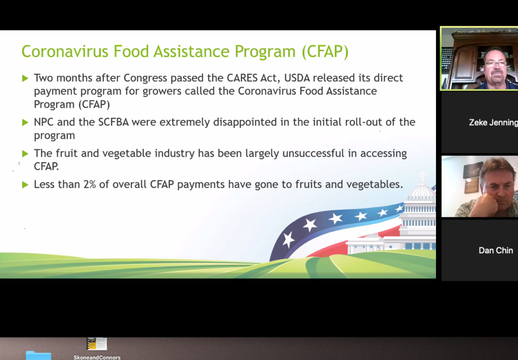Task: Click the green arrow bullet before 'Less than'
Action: click(x=25, y=185)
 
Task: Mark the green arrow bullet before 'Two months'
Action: click(x=25, y=78)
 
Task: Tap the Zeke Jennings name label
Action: click(x=493, y=122)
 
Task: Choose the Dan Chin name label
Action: click(x=496, y=250)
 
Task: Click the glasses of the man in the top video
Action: click(x=495, y=64)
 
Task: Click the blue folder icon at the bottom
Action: click(x=38, y=355)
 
